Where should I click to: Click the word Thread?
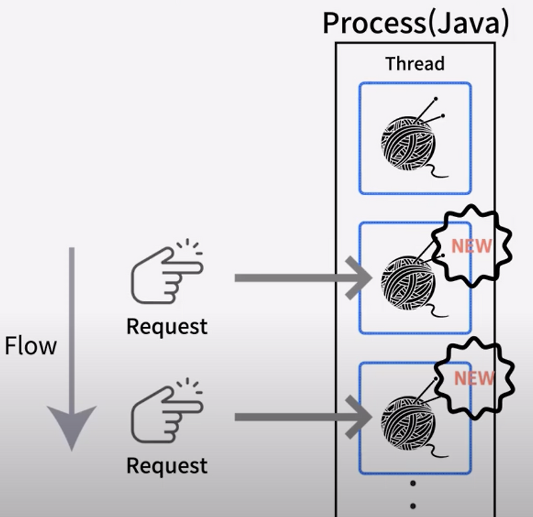(414, 64)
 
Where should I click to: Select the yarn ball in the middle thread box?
(407, 279)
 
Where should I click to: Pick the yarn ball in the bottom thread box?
(407, 418)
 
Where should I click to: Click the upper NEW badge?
(472, 247)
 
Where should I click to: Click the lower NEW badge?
(474, 378)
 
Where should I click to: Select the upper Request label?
(167, 327)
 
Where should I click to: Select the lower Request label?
(167, 465)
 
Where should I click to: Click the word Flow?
(30, 346)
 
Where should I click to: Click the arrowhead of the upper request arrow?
(360, 278)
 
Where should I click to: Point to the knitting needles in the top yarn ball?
(432, 110)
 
